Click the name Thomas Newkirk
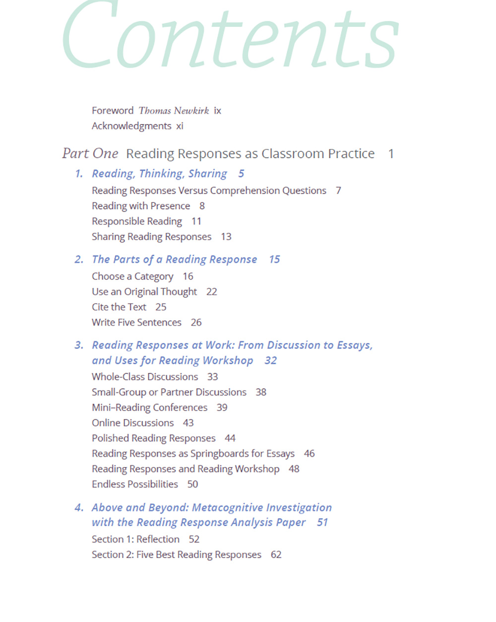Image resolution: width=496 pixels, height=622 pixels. click(x=174, y=111)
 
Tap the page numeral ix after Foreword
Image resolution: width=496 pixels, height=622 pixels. click(x=217, y=111)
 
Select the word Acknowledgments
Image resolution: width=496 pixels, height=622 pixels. click(x=131, y=126)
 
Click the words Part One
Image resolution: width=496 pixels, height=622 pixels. click(x=90, y=154)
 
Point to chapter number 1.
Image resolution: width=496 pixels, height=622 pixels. click(x=79, y=174)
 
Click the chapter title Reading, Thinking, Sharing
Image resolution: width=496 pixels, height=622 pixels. click(x=159, y=174)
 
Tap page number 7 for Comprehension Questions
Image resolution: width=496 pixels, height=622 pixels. click(x=338, y=191)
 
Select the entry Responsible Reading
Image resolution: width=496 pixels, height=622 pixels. click(x=137, y=221)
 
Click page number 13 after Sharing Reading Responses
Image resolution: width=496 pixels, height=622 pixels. click(x=226, y=237)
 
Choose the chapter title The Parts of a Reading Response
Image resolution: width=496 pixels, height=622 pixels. click(x=175, y=260)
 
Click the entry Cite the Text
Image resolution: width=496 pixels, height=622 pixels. click(x=119, y=307)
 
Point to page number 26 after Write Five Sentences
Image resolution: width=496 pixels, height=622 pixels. click(x=196, y=323)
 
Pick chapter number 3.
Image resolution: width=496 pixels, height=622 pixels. click(x=79, y=346)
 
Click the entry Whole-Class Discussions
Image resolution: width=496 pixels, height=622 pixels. click(x=145, y=377)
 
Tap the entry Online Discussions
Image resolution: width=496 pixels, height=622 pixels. click(x=133, y=423)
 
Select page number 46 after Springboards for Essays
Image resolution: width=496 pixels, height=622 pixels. click(x=310, y=454)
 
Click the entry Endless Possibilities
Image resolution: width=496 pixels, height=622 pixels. click(x=135, y=484)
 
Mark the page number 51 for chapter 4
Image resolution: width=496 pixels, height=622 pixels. click(x=322, y=523)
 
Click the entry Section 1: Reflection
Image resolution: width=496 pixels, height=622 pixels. click(x=135, y=540)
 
